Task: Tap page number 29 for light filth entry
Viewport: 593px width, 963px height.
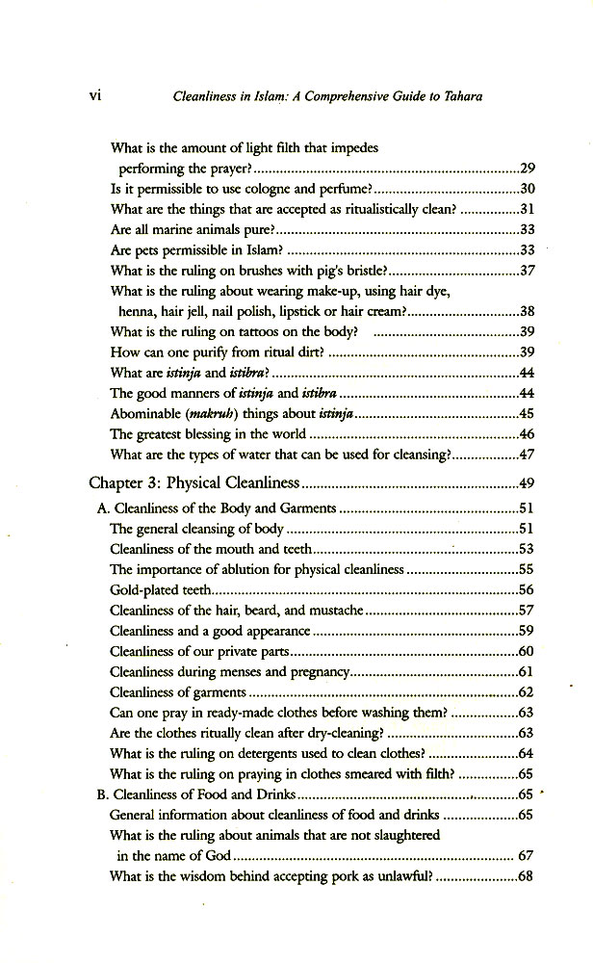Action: pos(527,168)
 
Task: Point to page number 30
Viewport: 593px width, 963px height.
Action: pos(527,189)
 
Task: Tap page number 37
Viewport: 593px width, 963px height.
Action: pos(527,272)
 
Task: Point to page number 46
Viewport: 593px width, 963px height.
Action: pos(527,434)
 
